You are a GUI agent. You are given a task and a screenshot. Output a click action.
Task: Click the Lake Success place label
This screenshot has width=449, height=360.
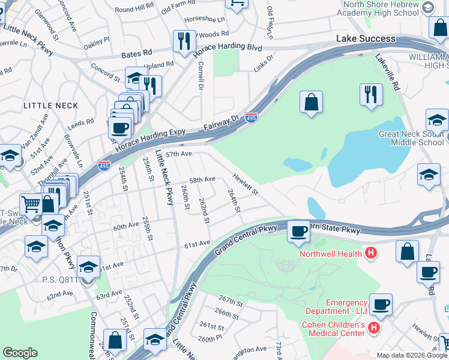pyautogui.click(x=366, y=38)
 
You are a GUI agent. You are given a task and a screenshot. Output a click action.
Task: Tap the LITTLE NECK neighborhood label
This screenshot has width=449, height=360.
pyautogui.click(x=51, y=106)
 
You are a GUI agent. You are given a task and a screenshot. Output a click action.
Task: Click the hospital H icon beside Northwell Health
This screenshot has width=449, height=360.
pyautogui.click(x=371, y=253)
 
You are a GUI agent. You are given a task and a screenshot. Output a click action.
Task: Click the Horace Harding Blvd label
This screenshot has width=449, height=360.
pyautogui.click(x=228, y=46)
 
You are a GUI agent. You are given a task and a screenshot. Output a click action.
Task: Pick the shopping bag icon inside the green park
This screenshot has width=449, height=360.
pyautogui.click(x=312, y=103)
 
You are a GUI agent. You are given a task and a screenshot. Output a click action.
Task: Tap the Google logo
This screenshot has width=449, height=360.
pyautogui.click(x=20, y=353)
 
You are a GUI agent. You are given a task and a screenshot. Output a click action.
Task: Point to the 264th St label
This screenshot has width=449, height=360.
pyautogui.click(x=234, y=201)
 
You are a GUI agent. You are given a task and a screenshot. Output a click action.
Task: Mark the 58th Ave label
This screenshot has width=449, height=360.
pyautogui.click(x=202, y=179)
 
